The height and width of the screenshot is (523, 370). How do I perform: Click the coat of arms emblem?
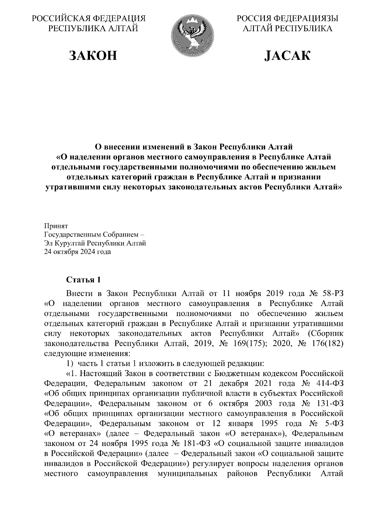[x=191, y=36]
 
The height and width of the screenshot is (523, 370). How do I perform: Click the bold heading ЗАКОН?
[x=93, y=55]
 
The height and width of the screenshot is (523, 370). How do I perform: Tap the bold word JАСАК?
[x=287, y=55]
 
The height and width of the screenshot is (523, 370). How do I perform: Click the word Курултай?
[x=70, y=243]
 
